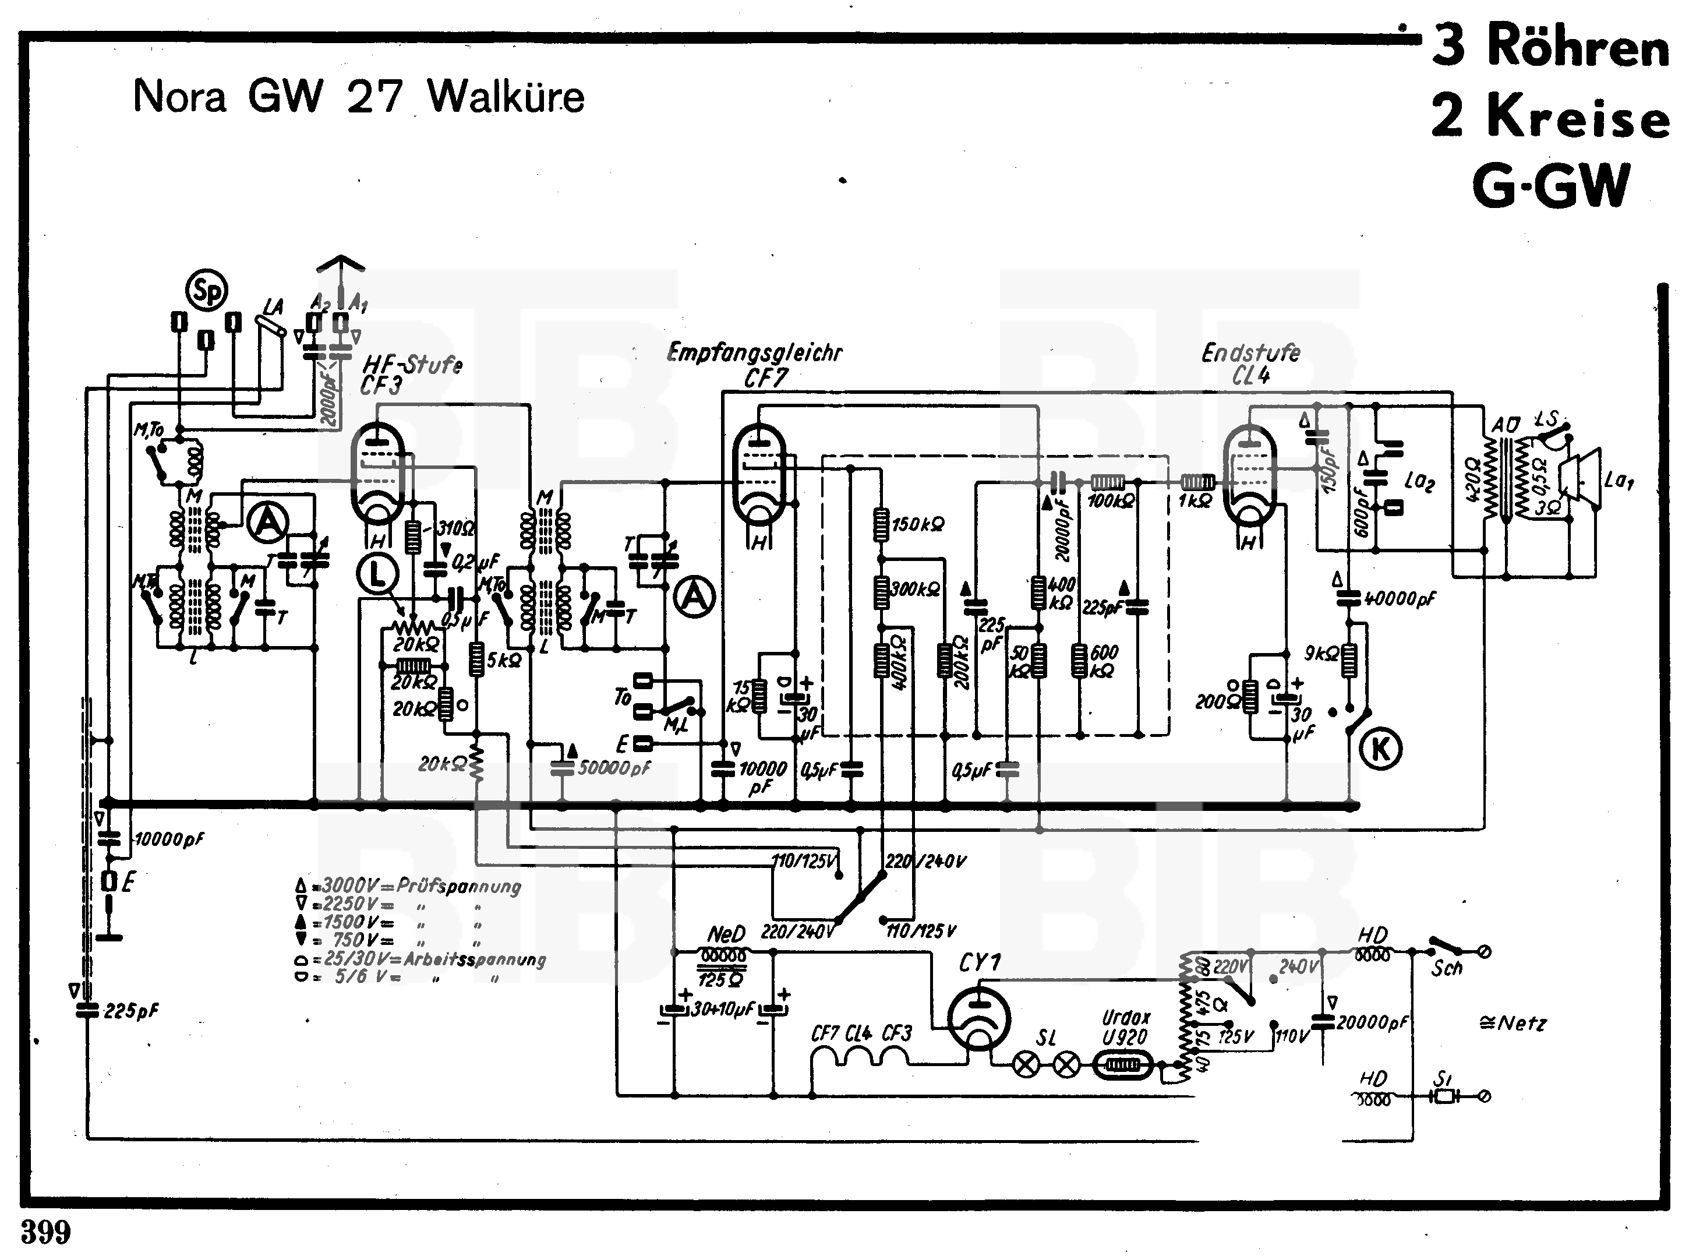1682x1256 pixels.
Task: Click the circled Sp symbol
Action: point(207,291)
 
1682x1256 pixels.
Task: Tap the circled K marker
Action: point(1380,749)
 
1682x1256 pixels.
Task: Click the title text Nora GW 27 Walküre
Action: point(359,97)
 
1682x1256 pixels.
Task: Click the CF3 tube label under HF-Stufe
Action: point(381,386)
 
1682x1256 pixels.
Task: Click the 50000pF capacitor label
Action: point(614,768)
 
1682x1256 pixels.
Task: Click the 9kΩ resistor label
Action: point(1321,654)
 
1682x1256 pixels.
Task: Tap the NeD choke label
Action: point(726,934)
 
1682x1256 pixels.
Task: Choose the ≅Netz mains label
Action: point(1513,1024)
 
